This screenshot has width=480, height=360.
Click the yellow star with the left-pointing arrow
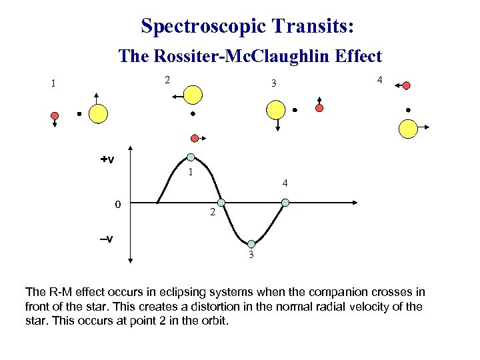pos(193,95)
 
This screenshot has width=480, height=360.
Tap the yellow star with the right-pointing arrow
pos(407,128)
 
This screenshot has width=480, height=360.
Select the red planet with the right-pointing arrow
pos(195,138)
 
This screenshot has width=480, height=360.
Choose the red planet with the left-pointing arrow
pos(406,85)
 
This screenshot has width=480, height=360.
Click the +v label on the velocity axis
pos(107,159)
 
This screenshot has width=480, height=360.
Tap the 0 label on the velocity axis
pos(117,204)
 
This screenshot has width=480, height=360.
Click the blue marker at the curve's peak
pos(191,158)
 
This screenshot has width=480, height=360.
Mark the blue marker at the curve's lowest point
pos(251,244)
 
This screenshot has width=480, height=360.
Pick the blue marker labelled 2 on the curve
pos(221,202)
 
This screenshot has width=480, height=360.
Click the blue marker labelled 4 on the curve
pos(285,202)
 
